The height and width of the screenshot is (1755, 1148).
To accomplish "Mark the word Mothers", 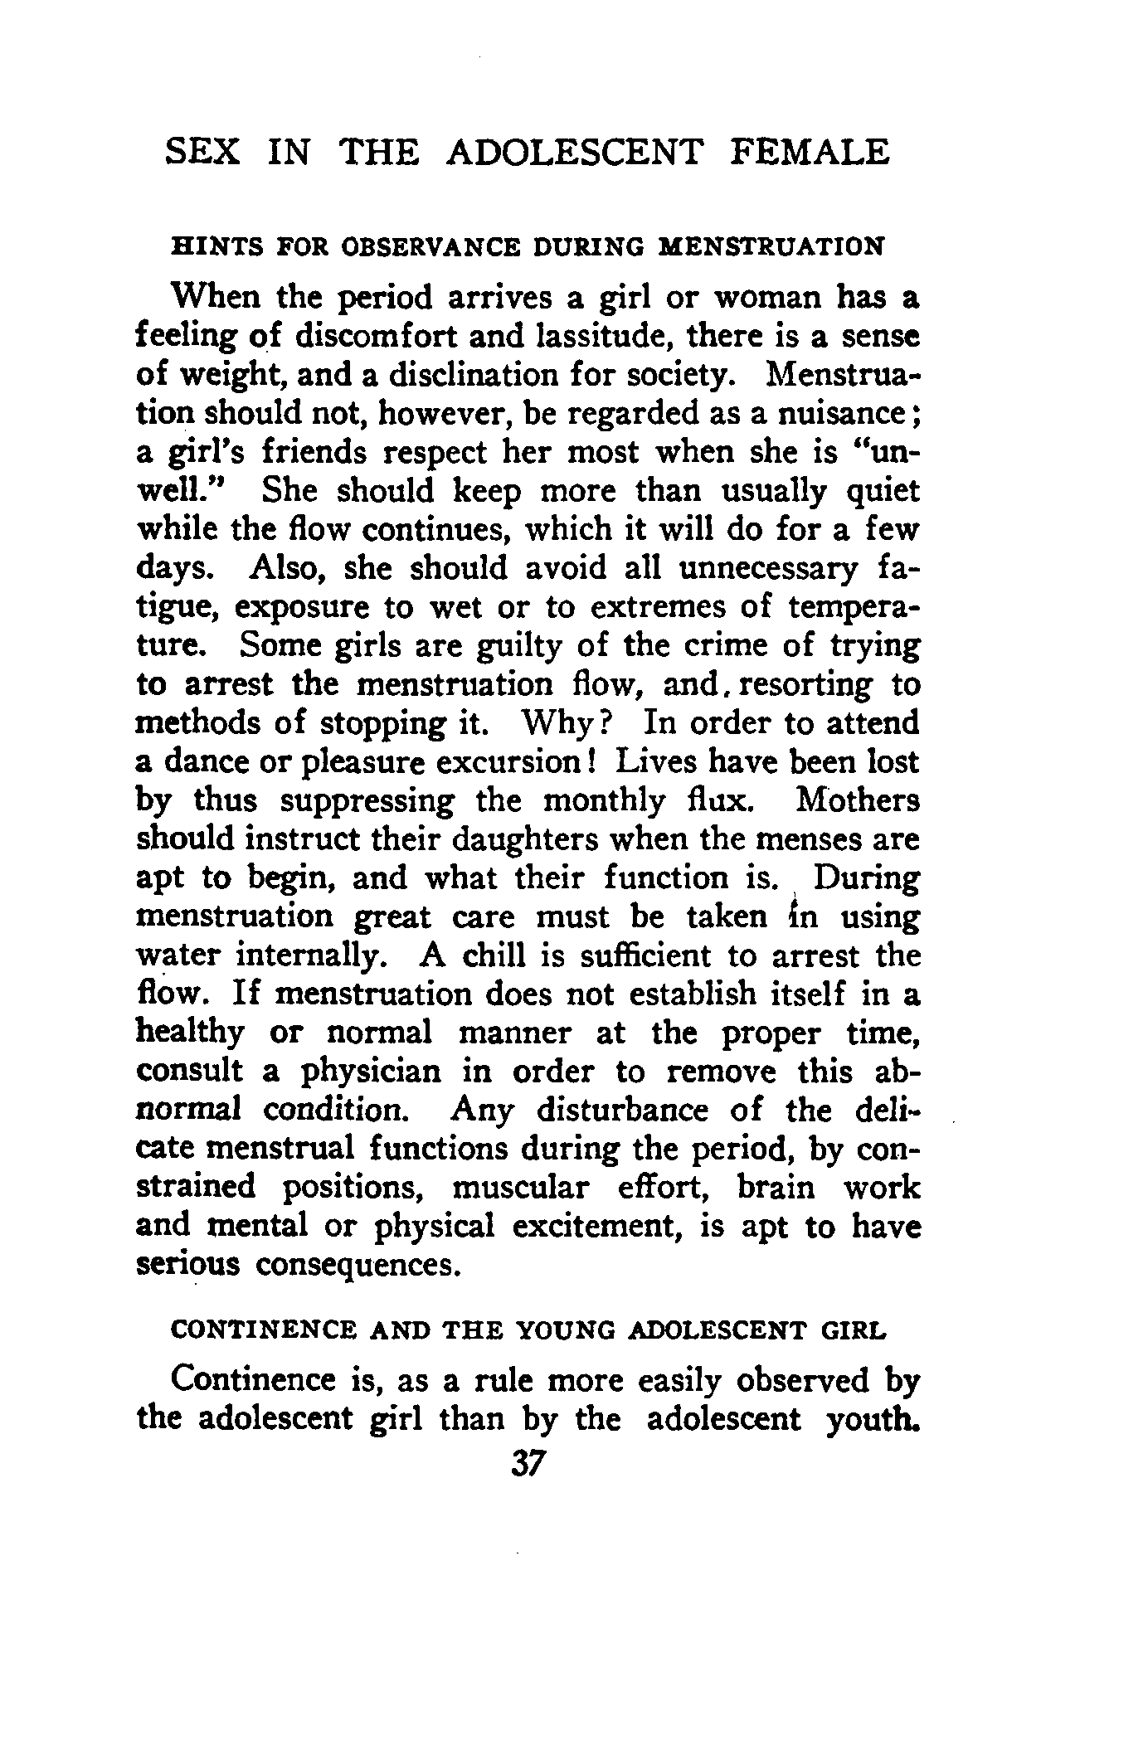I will point(858,800).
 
